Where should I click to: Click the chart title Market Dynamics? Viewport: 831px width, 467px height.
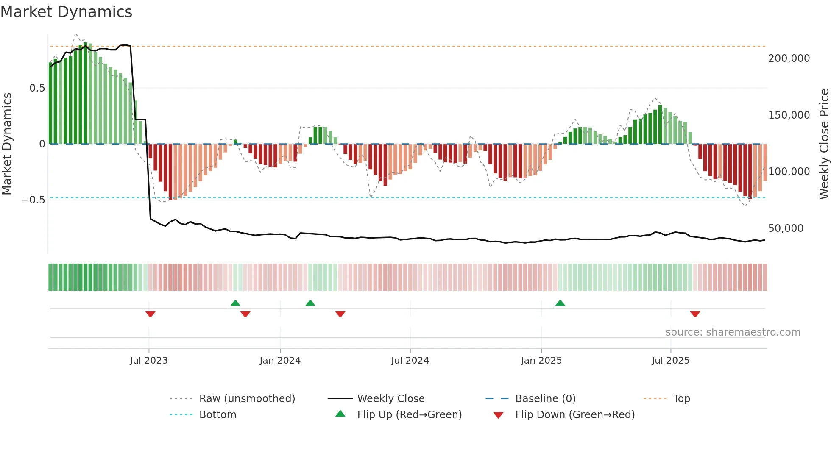pyautogui.click(x=67, y=12)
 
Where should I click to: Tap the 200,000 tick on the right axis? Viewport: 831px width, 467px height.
pyautogui.click(x=789, y=58)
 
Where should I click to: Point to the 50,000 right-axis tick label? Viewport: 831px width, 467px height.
pyautogui.click(x=786, y=228)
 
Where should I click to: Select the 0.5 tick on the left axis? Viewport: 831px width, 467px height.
pyautogui.click(x=37, y=88)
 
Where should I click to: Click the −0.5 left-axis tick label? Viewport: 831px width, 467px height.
pyautogui.click(x=33, y=200)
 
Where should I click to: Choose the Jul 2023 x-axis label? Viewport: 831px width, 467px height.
pyautogui.click(x=149, y=361)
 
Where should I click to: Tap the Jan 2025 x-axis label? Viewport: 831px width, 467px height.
pyautogui.click(x=541, y=361)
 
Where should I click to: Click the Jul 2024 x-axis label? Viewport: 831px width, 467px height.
pyautogui.click(x=410, y=361)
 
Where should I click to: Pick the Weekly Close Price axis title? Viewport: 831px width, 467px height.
pyautogui.click(x=824, y=144)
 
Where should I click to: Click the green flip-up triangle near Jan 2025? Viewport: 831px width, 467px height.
pyautogui.click(x=560, y=303)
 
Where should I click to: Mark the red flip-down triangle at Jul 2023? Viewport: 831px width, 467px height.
pyautogui.click(x=150, y=314)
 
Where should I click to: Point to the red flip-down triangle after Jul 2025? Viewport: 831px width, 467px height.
pyautogui.click(x=695, y=314)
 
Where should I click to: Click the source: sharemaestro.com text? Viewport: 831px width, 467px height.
pyautogui.click(x=733, y=332)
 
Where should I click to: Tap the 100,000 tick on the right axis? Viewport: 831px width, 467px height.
pyautogui.click(x=789, y=172)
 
